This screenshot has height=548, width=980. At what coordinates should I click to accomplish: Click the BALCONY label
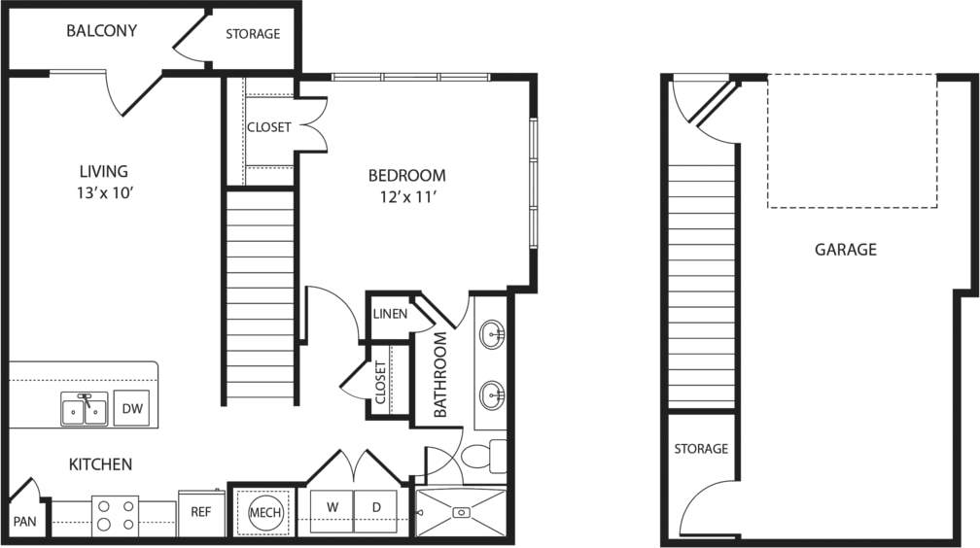coord(101,31)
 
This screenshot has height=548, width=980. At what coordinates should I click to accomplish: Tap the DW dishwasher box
coord(132,409)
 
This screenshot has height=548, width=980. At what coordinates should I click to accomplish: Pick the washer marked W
coord(332,507)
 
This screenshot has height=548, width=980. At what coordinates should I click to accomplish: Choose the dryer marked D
coord(375,507)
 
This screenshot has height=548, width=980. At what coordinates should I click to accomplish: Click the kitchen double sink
coord(84,410)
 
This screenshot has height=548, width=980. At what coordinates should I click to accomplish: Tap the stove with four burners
coord(116,515)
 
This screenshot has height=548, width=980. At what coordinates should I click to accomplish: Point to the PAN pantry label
coord(25,522)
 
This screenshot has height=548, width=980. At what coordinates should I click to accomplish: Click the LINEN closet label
coord(390,314)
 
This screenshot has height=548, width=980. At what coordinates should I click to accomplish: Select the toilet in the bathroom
coord(479,456)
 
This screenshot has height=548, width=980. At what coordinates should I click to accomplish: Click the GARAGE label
coord(845,250)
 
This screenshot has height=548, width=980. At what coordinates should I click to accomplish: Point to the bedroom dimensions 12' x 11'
coord(406,196)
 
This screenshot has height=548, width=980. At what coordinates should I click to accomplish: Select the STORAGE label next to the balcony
coord(253,34)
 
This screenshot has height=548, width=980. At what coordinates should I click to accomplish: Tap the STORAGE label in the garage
coord(701,449)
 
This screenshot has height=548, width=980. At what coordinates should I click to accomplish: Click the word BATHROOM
coord(441,375)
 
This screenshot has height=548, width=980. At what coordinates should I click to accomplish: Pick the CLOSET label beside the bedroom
coord(268,127)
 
